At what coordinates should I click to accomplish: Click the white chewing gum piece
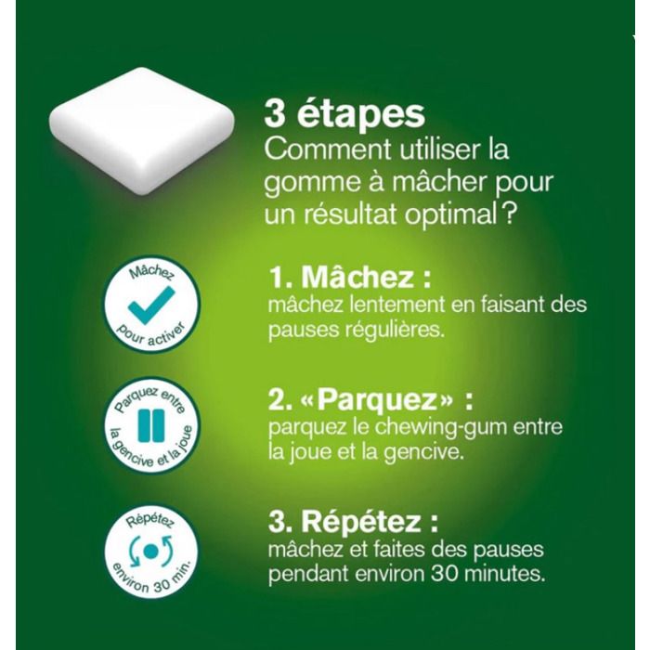[x=142, y=131]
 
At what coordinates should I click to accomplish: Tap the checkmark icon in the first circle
[x=151, y=305]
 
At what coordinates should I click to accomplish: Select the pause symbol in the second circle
[x=151, y=425]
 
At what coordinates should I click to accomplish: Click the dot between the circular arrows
[x=150, y=551]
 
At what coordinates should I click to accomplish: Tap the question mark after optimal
[x=511, y=214]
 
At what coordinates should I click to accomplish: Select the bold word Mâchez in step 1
[x=357, y=277]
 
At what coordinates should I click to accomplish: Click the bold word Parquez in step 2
[x=378, y=399]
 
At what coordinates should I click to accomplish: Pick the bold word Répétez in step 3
[x=360, y=521]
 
